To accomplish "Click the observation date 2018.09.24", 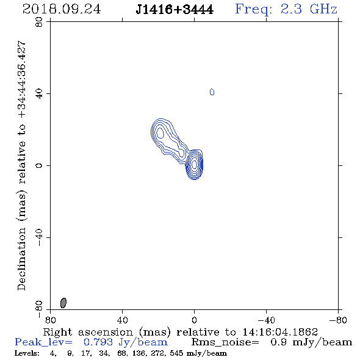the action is tap(62, 9).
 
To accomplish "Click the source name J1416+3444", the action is tap(175, 10).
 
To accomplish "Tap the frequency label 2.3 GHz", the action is tap(309, 9).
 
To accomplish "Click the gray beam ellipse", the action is tap(63, 303).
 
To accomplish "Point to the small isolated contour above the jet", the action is tap(212, 92).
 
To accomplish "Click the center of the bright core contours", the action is tap(195, 164).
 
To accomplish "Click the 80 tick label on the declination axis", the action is tap(39, 22).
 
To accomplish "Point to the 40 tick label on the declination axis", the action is tap(39, 94).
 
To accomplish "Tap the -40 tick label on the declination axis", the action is tap(39, 237).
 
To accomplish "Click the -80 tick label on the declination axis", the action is tap(39, 309).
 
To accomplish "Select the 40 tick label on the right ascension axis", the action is tap(123, 320).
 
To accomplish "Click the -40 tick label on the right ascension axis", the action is tap(266, 320).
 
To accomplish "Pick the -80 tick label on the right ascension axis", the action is tap(338, 320).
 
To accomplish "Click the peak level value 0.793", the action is tap(98, 342).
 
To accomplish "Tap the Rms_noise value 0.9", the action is tap(278, 342).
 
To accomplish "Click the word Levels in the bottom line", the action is tap(27, 353).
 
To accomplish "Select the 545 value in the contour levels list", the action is tap(176, 353).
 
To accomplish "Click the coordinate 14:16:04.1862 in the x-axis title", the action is tap(280, 332).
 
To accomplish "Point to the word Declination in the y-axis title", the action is tap(21, 259).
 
